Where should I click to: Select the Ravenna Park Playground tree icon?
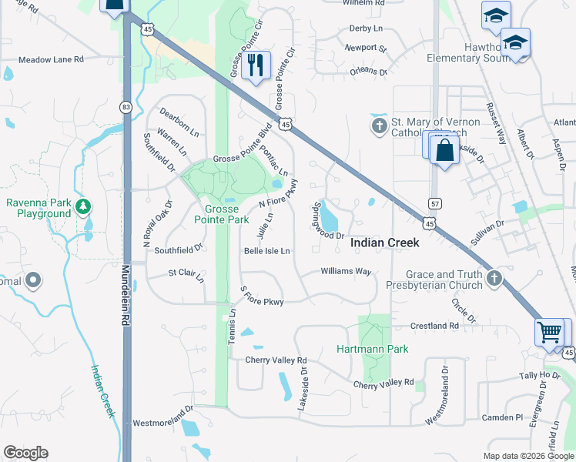[83, 207]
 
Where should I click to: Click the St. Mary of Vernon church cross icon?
[379, 126]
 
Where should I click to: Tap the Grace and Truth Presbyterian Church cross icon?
[494, 279]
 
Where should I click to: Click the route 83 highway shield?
[126, 106]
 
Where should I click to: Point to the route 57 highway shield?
[434, 202]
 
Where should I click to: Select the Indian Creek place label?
[385, 243]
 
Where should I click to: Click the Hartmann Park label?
[373, 349]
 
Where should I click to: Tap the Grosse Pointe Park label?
[226, 214]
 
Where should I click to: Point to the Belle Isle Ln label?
[266, 251]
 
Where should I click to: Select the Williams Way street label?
[346, 272]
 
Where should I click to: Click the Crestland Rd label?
[434, 326]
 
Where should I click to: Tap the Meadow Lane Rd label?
[51, 59]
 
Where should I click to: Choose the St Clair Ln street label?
[186, 274]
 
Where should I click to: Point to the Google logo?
[25, 453]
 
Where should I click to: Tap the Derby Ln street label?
[366, 28]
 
